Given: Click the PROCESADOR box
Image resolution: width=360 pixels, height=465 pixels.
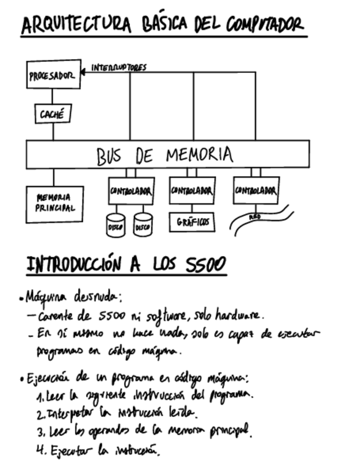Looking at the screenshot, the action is tap(54, 75).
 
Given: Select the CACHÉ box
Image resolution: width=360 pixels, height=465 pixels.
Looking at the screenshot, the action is tap(53, 114).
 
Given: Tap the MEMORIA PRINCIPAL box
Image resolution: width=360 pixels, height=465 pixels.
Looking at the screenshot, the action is tap(54, 204).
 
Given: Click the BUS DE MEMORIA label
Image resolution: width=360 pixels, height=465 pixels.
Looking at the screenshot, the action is tap(165, 155).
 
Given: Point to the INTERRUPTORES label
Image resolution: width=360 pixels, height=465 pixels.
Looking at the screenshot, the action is tap(119, 67).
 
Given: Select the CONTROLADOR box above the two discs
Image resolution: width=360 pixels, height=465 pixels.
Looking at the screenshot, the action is tap(131, 191).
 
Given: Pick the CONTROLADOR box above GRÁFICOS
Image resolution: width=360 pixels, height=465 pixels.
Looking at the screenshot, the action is tap(192, 191).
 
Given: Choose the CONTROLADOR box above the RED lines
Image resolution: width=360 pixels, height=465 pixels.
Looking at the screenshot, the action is tap(256, 191).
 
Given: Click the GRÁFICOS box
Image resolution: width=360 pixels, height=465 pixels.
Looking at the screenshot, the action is tap(192, 222).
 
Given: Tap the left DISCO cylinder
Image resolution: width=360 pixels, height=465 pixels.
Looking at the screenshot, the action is tap(115, 225).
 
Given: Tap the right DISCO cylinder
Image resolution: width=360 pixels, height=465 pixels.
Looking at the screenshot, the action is tap(143, 225).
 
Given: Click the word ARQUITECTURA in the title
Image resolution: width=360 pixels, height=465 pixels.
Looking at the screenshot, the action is tap(76, 25).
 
